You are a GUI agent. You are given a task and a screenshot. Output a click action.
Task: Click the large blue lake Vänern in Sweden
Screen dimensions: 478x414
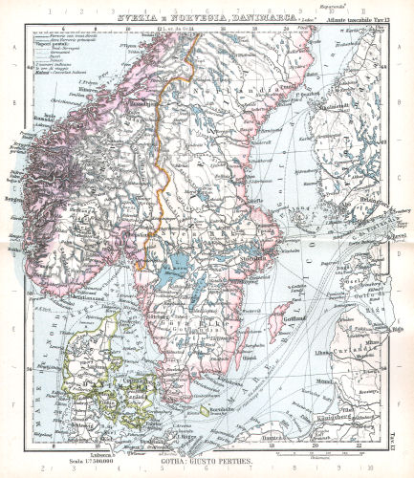coord(178,265)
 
